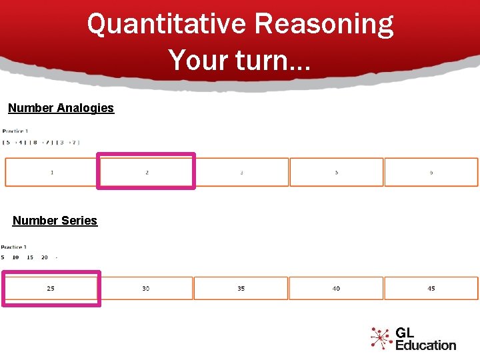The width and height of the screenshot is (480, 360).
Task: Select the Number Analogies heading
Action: [x=61, y=108]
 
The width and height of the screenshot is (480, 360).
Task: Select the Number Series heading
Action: [x=55, y=221]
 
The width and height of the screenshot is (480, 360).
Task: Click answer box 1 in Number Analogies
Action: [x=52, y=172]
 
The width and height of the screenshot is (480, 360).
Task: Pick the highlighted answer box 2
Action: [x=147, y=172]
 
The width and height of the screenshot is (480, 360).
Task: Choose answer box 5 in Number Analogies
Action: [x=337, y=172]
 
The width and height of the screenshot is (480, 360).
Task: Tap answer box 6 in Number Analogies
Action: [x=431, y=172]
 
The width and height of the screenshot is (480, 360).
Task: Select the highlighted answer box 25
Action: [x=51, y=289]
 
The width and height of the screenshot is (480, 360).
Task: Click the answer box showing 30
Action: [x=146, y=289]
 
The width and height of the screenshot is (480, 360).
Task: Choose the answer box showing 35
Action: [x=241, y=289]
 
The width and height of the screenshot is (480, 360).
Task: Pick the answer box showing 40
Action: [x=336, y=289]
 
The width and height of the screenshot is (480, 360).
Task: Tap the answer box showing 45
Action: [x=431, y=289]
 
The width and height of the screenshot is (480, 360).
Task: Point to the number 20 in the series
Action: [x=45, y=257]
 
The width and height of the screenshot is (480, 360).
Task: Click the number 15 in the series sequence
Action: [x=30, y=257]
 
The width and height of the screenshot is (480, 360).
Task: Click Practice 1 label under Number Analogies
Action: [x=15, y=131]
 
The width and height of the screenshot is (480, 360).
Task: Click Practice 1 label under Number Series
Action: [x=14, y=247]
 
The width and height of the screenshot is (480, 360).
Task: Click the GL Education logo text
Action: [x=425, y=339]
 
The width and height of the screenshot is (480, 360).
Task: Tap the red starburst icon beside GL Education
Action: [x=381, y=338]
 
